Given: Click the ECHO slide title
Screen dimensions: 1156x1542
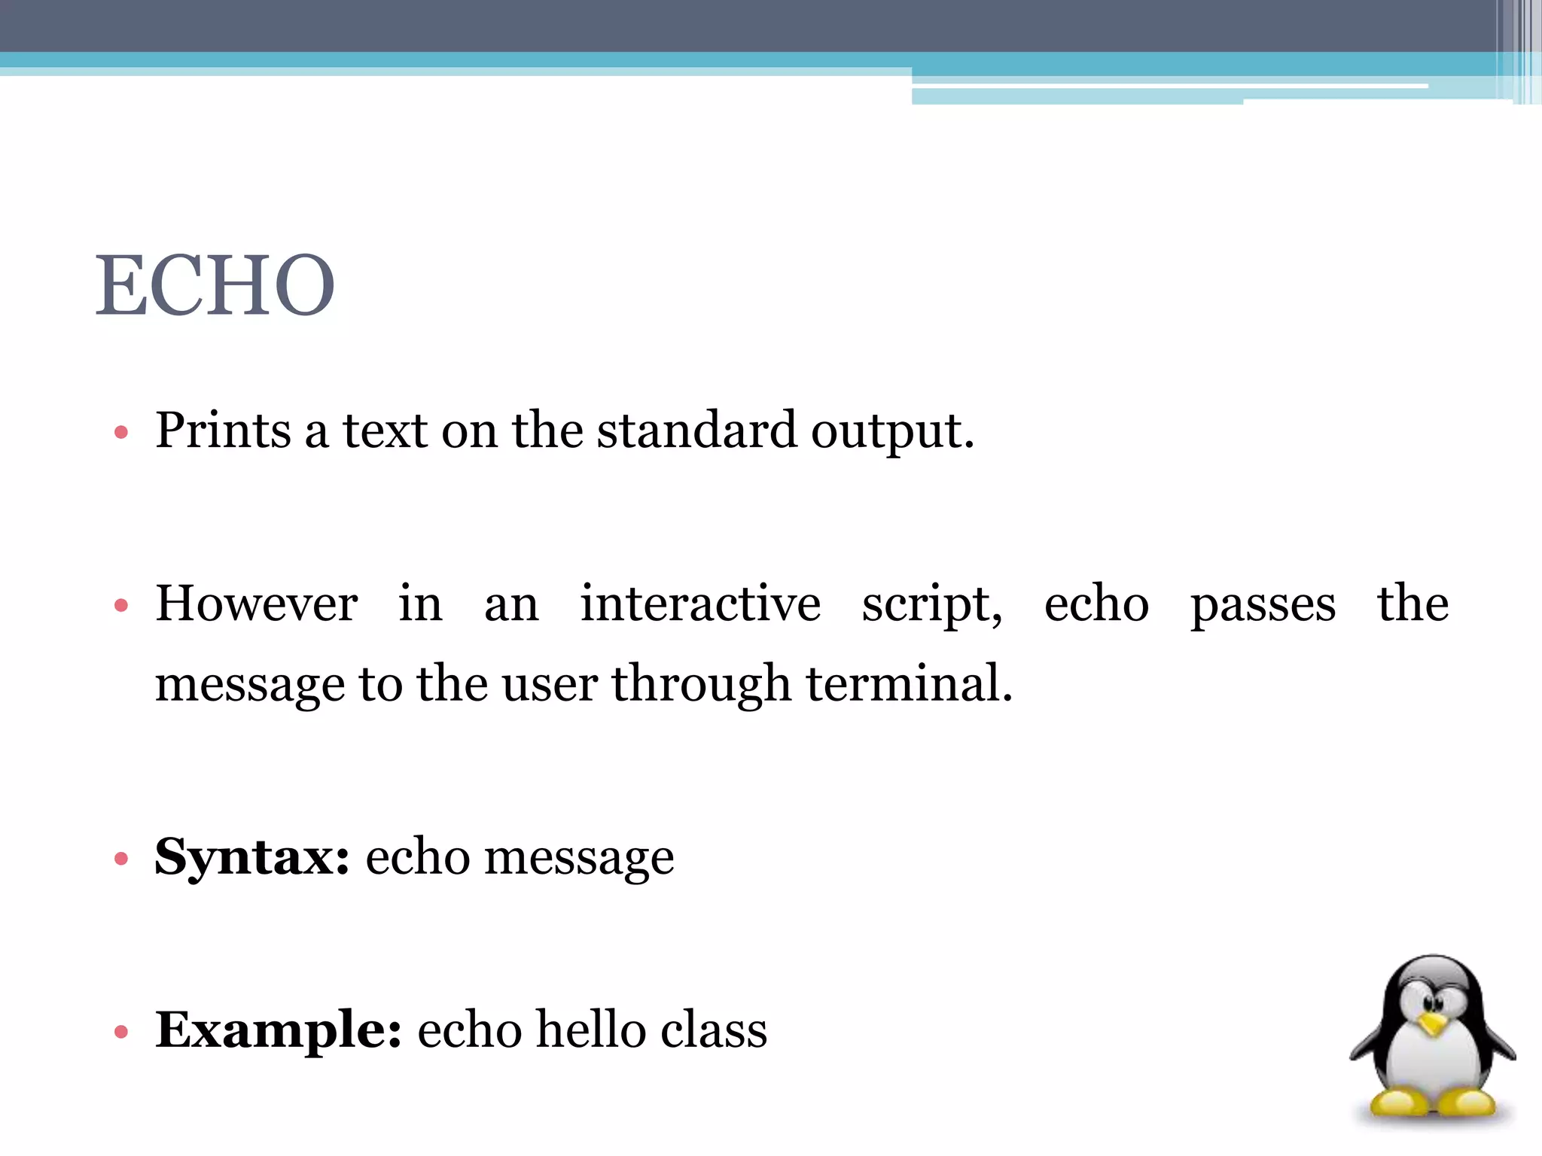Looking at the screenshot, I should coord(215,285).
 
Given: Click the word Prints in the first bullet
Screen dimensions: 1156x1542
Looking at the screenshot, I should coord(223,430).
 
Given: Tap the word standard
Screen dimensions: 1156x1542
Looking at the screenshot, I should coord(696,430).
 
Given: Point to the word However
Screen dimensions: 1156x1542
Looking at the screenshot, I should coord(256,604).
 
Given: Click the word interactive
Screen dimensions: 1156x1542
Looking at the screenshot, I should coord(699,604).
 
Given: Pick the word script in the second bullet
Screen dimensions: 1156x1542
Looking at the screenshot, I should coord(930,605).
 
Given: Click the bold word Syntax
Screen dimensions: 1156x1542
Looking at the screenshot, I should coord(251,858).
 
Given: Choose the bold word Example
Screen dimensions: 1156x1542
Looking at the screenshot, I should coord(278,1030).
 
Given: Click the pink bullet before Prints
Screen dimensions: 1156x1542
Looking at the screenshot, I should coord(121,433).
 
